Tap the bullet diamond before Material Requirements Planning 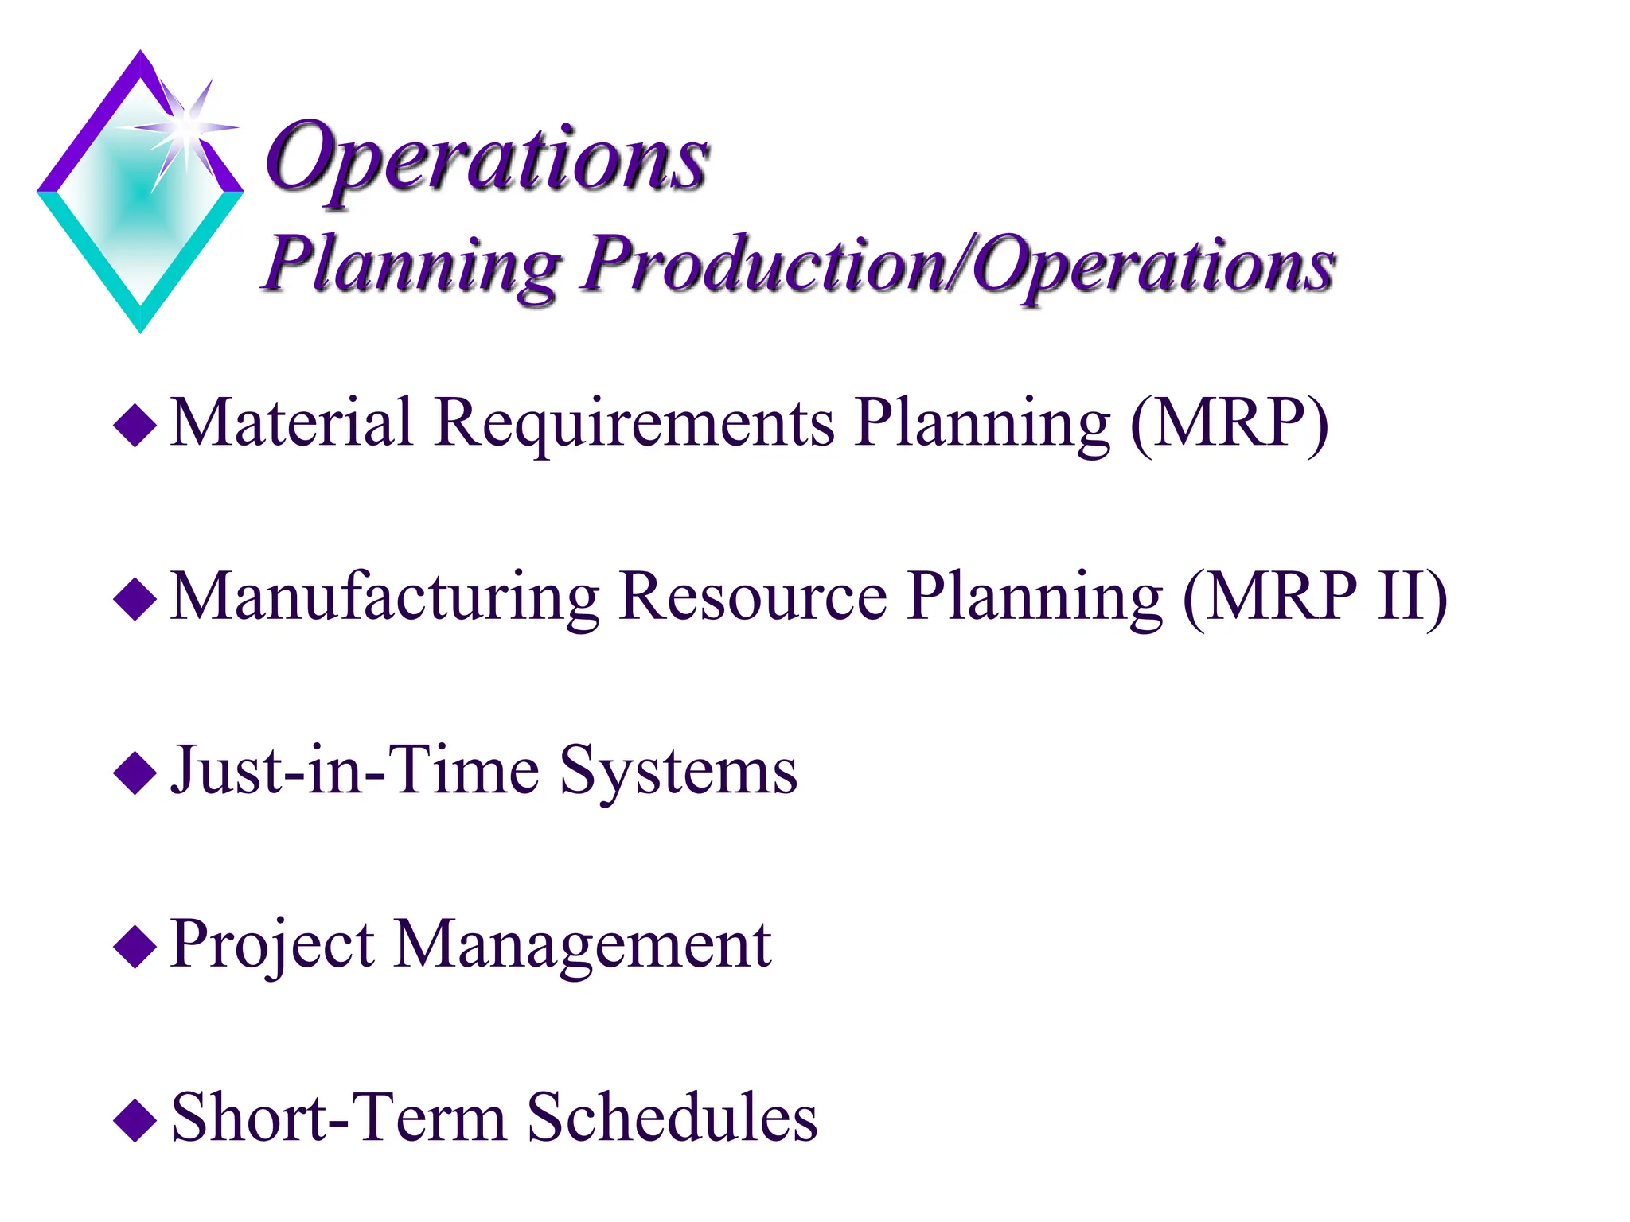click(135, 426)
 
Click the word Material click(291, 422)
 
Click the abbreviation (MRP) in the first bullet click(1230, 422)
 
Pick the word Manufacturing click(385, 597)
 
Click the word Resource click(753, 597)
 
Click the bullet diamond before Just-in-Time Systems click(135, 773)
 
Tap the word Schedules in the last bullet click(673, 1117)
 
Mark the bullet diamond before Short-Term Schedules click(135, 1120)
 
